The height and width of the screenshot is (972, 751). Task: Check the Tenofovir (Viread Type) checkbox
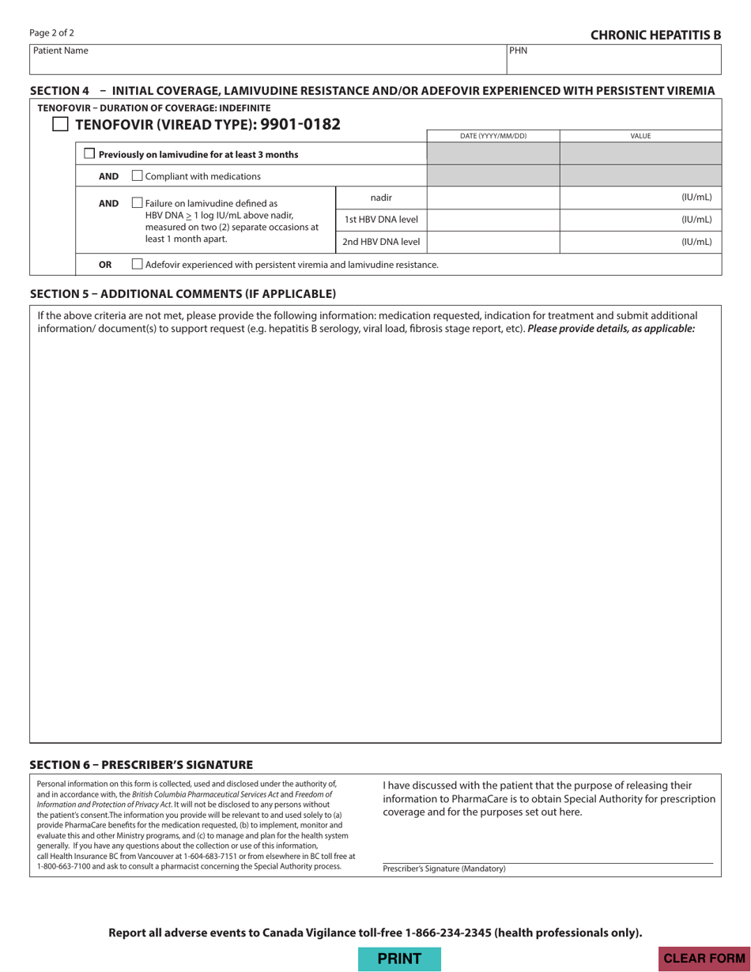click(60, 124)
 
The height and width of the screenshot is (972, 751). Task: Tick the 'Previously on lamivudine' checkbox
click(89, 154)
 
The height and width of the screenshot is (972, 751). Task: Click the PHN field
click(613, 62)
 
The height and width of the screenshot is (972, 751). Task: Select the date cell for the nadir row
click(492, 197)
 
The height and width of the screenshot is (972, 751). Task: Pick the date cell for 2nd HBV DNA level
click(492, 242)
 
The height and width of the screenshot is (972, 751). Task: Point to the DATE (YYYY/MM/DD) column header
click(492, 136)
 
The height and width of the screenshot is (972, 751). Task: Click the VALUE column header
click(640, 136)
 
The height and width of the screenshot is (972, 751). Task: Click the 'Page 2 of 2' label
click(51, 33)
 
